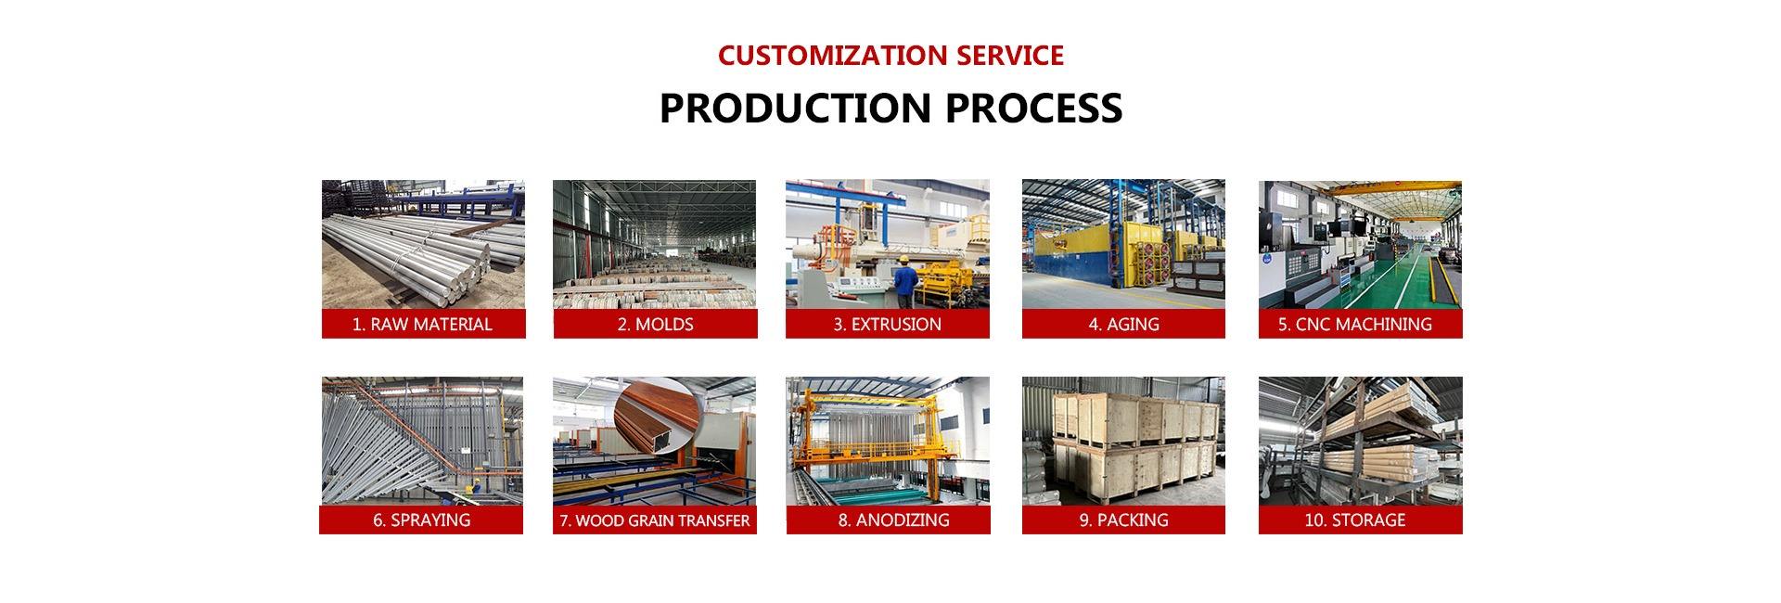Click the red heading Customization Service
pos(890,56)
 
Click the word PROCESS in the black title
pos(1033,108)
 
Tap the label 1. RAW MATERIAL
pos(422,324)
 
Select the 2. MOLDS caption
pos(655,324)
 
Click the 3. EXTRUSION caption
pos(887,324)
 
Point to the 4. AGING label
pos(1123,324)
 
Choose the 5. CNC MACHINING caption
pos(1360,324)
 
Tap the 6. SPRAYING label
pos(421,520)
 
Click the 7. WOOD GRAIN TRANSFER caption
pos(654,520)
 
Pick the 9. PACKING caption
pos(1123,520)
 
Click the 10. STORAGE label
pos(1360,520)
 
